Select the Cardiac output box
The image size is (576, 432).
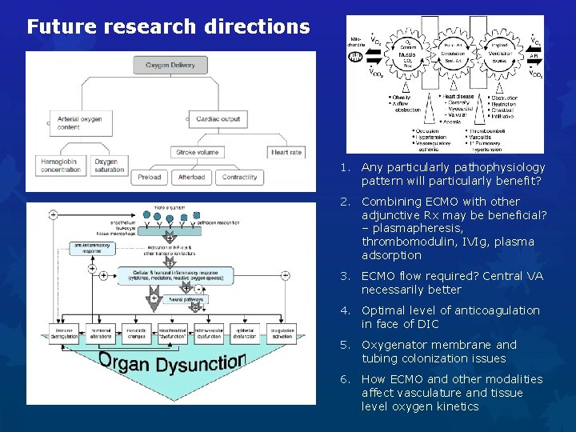coord(218,119)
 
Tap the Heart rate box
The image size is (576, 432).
coord(286,151)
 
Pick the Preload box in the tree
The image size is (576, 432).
coord(149,177)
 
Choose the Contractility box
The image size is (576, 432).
coord(238,177)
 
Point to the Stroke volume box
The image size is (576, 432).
coord(197,151)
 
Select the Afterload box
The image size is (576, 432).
coord(191,177)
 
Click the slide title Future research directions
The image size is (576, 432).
coord(168,27)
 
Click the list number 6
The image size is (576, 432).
coord(344,379)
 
